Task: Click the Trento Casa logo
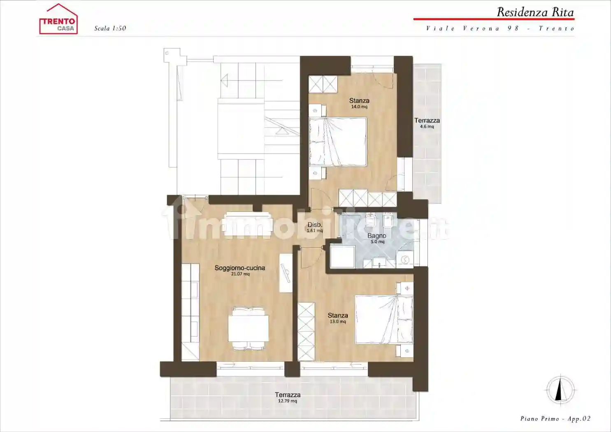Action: click(x=58, y=19)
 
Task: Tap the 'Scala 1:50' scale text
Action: click(x=110, y=28)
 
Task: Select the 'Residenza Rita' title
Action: click(x=535, y=12)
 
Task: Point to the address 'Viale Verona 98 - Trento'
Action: click(x=501, y=28)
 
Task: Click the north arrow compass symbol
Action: click(x=560, y=390)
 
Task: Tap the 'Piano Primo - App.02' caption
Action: click(x=555, y=419)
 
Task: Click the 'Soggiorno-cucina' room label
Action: click(x=240, y=268)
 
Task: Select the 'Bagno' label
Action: click(x=377, y=236)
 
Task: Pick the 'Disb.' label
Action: click(x=315, y=225)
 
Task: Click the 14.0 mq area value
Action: click(x=359, y=107)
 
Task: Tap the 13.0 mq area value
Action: click(x=338, y=322)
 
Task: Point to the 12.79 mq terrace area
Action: click(x=288, y=401)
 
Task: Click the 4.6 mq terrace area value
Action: click(x=427, y=127)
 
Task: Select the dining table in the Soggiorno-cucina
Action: click(x=249, y=328)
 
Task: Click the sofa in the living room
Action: click(x=248, y=224)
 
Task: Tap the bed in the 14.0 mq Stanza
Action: click(x=338, y=142)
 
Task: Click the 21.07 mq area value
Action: click(x=240, y=274)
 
